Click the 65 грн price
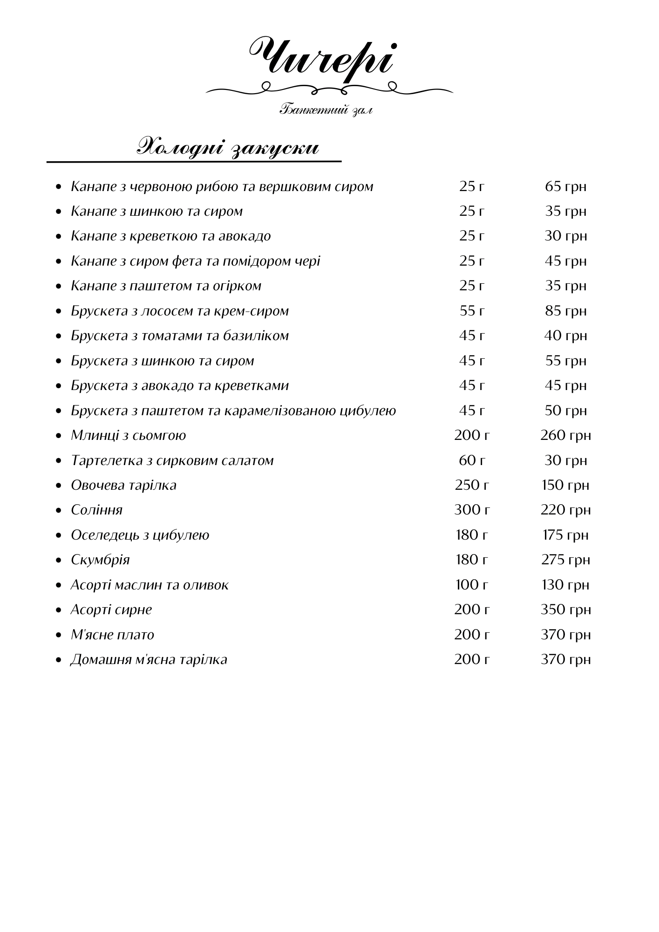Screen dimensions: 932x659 point(565,187)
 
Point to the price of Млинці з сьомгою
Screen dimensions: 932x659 point(565,436)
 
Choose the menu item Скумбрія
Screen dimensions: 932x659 point(100,560)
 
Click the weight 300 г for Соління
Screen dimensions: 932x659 point(472,510)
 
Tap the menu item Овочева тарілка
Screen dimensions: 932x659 point(123,485)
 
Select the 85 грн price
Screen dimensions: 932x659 point(565,311)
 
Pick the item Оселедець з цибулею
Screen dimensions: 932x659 point(140,535)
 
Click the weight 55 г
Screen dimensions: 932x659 point(472,311)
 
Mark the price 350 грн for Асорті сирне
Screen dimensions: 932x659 point(565,610)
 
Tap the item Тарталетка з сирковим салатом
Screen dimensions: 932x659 point(172,460)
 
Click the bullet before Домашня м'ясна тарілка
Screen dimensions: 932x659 point(58,660)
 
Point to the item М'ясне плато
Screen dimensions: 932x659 point(112,635)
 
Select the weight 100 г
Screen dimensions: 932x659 point(472,585)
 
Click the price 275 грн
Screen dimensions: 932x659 point(565,560)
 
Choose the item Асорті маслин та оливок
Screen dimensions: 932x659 point(149,585)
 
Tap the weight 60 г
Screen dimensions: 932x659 point(472,460)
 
